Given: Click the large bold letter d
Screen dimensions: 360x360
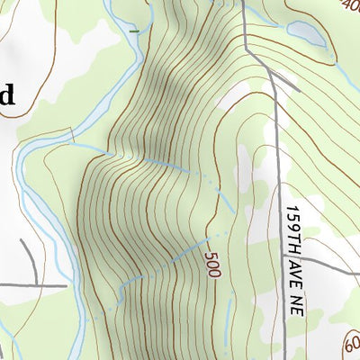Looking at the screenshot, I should (x=6, y=95).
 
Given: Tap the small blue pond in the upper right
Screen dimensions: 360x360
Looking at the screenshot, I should (x=303, y=33).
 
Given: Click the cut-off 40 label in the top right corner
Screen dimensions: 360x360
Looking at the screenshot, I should (x=353, y=8).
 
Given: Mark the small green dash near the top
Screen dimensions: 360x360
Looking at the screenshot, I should (x=134, y=31).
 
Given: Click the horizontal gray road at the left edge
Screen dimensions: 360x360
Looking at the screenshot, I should (x=31, y=286).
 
